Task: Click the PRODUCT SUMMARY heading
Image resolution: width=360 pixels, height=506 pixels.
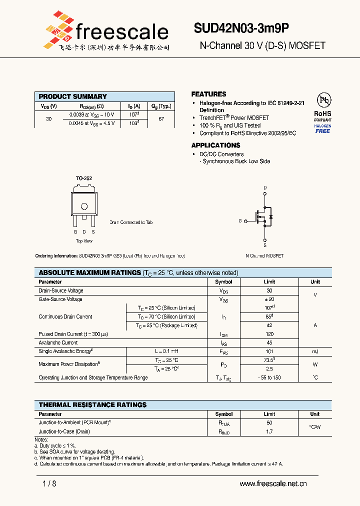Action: pyautogui.click(x=72, y=96)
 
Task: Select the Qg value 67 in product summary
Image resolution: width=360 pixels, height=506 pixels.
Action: pyautogui.click(x=161, y=119)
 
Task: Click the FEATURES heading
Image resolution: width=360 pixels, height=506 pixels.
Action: pyautogui.click(x=208, y=94)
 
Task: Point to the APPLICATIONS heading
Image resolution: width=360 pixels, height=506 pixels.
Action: pyautogui.click(x=215, y=145)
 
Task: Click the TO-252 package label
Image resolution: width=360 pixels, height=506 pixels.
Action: pyautogui.click(x=83, y=178)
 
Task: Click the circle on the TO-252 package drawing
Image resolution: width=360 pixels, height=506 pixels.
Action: pyautogui.click(x=84, y=206)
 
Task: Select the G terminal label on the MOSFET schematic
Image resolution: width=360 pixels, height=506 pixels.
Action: pyautogui.click(x=240, y=220)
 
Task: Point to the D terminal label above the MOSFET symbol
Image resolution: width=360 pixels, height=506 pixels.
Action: pyautogui.click(x=265, y=188)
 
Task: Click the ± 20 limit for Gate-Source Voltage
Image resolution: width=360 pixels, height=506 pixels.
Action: pyautogui.click(x=269, y=299)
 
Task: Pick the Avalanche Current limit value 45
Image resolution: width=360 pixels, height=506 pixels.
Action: pyautogui.click(x=269, y=343)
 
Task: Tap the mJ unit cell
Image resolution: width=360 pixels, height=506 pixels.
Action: pyautogui.click(x=315, y=351)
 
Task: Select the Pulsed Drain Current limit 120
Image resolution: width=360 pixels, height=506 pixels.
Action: pyautogui.click(x=269, y=334)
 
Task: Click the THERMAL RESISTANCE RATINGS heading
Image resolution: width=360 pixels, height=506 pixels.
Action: pyautogui.click(x=92, y=404)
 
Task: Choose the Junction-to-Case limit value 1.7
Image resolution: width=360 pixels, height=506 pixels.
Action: pyautogui.click(x=269, y=431)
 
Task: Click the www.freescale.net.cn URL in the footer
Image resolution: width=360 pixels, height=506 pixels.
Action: pyautogui.click(x=273, y=483)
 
